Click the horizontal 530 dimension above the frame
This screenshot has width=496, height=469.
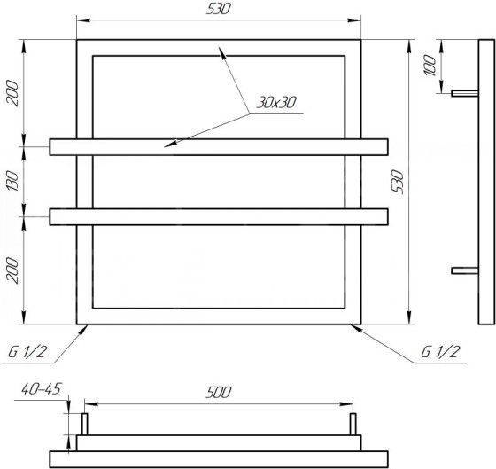coord(219,10)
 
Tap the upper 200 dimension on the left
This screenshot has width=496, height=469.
coord(12,93)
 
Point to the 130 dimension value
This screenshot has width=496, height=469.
coord(12,181)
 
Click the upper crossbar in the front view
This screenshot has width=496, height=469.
coord(219,146)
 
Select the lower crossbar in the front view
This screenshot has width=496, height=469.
coord(219,216)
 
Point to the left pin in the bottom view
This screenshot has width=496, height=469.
coord(85,424)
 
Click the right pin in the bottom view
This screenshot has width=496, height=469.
coord(353,424)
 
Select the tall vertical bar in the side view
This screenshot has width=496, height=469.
coord(484,181)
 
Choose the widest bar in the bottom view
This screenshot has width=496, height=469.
coord(219,458)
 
